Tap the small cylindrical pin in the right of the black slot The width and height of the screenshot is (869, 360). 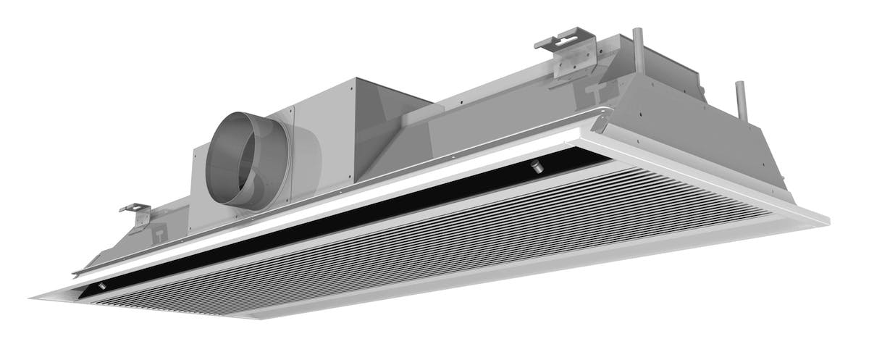(x=537, y=167)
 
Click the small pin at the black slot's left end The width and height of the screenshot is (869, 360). (x=102, y=288)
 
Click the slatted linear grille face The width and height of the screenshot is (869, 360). (x=434, y=246)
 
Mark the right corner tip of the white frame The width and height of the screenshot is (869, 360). (x=827, y=218)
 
